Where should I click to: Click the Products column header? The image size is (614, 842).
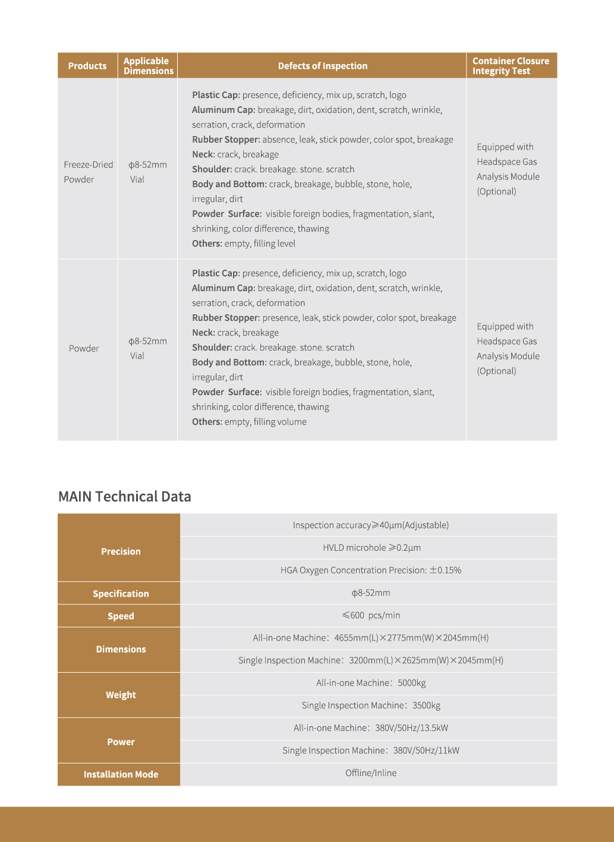click(87, 66)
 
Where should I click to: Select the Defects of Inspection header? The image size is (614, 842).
click(322, 66)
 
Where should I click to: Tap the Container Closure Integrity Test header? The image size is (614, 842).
click(511, 66)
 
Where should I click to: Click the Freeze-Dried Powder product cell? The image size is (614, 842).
click(88, 172)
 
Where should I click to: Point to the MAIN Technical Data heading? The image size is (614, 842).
click(125, 497)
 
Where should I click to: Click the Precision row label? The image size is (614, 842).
click(121, 551)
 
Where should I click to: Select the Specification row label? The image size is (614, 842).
click(121, 594)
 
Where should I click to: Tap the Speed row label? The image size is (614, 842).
click(121, 616)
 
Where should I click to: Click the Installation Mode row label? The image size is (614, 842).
click(121, 774)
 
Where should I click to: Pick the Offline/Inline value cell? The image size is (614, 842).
click(371, 773)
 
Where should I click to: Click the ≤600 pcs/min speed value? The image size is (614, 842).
click(371, 616)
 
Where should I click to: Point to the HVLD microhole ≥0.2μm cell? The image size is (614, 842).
click(371, 548)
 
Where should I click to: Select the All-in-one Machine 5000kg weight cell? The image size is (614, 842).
click(371, 683)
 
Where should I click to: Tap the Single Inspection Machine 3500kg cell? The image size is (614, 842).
click(371, 706)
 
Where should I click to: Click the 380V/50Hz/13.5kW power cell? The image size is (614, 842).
click(371, 729)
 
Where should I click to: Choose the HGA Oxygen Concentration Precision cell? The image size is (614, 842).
click(371, 570)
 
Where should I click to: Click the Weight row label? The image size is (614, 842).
click(121, 695)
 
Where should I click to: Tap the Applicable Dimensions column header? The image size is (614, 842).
click(148, 66)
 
